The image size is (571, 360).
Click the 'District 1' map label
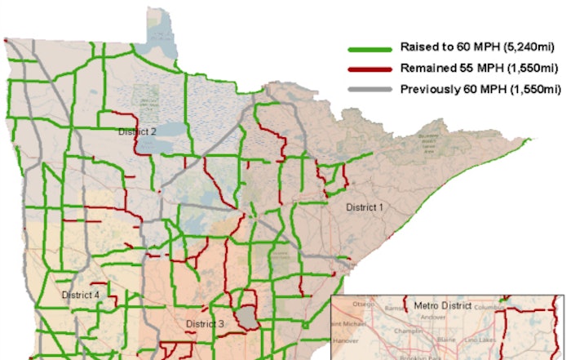point(364,207)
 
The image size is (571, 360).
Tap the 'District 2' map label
point(137,131)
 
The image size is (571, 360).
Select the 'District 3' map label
point(205,324)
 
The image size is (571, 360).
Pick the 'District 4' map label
point(81,295)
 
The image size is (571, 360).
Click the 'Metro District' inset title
point(444,305)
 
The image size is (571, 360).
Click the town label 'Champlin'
point(408,333)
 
